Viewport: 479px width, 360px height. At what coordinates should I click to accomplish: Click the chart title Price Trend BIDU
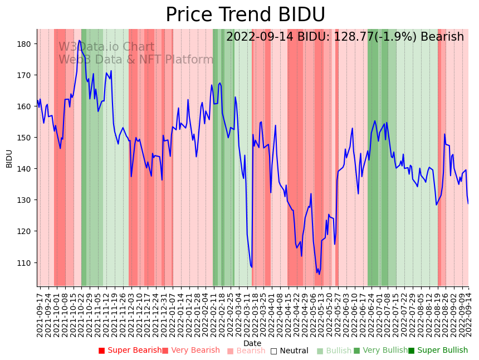(245, 14)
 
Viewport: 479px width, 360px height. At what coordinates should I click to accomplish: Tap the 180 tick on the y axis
(26, 43)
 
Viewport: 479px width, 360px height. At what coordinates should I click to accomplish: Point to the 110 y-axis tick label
(26, 262)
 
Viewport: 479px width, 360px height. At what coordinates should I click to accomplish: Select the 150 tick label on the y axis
(26, 138)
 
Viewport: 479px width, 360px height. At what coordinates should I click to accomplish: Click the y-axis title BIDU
(9, 158)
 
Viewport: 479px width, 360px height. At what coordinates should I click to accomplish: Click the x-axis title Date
(252, 344)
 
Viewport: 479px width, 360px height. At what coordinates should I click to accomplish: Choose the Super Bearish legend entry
(130, 351)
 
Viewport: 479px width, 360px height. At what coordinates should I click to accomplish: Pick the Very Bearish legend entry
(191, 351)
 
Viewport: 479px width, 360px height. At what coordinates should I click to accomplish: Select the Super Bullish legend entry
(438, 351)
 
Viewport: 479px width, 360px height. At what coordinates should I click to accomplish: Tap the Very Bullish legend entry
(380, 351)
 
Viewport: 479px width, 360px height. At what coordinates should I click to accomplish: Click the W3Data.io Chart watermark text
(106, 47)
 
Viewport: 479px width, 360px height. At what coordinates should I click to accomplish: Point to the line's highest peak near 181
(80, 40)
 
